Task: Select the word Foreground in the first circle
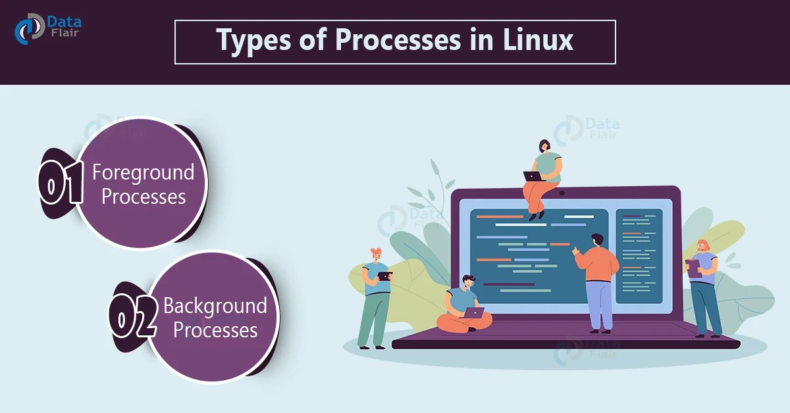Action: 143,172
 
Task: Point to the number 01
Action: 61,183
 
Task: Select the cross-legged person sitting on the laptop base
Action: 465,306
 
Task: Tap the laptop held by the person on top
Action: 532,176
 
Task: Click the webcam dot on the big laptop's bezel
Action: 562,193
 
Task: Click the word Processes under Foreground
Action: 144,196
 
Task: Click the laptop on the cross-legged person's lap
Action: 473,312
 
